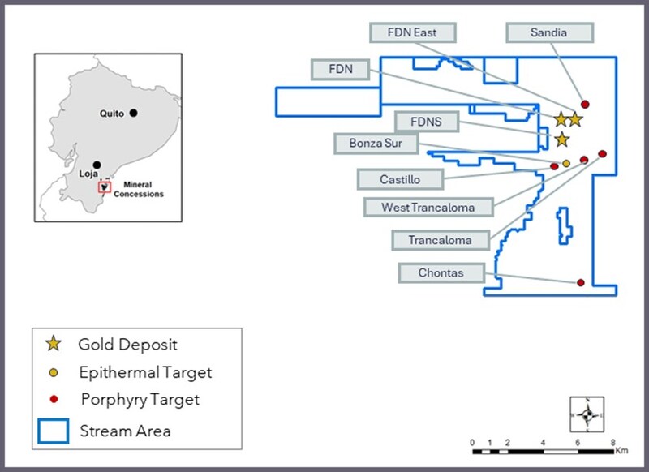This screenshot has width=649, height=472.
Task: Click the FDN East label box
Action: click(413, 32)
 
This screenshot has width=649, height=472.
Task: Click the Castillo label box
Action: click(400, 179)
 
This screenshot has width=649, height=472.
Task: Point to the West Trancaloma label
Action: click(428, 207)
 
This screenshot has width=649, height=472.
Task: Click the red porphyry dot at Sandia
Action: click(585, 105)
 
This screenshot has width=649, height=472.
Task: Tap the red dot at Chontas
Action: click(581, 282)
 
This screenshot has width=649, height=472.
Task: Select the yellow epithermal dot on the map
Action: click(566, 163)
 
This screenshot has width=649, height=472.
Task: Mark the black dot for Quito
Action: click(133, 114)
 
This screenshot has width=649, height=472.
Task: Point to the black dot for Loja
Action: click(97, 165)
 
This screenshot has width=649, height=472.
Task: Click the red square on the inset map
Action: click(105, 187)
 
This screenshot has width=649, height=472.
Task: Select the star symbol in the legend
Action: click(54, 345)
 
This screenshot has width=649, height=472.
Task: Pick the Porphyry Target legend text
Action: click(140, 400)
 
